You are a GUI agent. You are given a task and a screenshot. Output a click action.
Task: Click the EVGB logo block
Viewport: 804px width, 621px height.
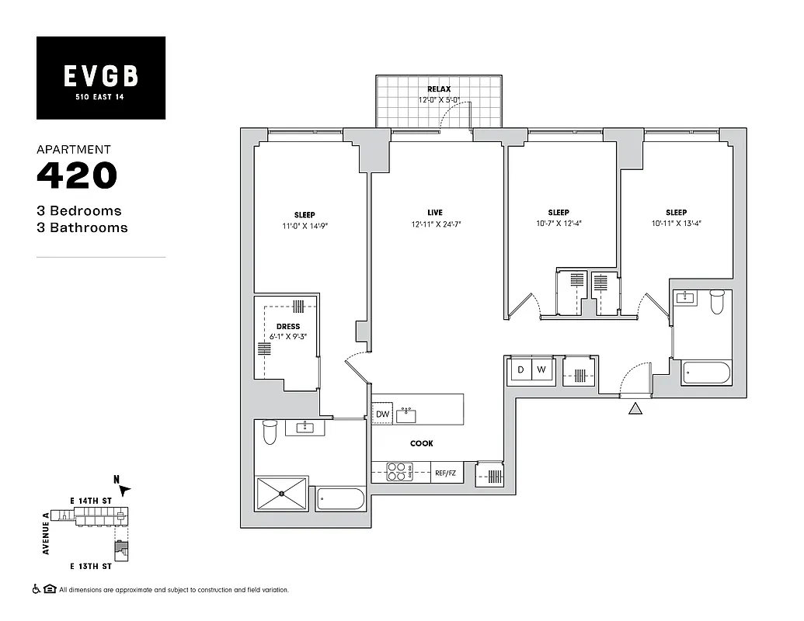101,78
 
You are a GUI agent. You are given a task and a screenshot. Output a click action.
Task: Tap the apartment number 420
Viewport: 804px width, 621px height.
77,175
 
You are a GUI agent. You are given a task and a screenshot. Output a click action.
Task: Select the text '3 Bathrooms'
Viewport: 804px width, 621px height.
82,227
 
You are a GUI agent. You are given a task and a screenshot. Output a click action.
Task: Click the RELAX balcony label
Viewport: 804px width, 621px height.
438,90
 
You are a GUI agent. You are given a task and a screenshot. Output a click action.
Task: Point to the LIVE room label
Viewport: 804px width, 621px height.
434,212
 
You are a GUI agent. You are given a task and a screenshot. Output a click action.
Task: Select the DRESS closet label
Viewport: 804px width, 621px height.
287,327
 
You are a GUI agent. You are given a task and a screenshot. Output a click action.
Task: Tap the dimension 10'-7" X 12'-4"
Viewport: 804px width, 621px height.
558,224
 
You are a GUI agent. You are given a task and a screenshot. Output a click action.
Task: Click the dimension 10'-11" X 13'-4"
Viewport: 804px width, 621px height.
676,224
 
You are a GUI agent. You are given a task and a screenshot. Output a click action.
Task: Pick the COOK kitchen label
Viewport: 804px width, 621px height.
422,443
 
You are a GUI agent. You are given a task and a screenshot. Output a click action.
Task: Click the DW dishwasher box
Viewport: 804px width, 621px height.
382,415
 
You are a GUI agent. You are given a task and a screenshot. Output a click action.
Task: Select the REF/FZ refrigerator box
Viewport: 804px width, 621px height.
445,473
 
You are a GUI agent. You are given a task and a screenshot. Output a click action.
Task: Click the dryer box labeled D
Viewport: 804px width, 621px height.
520,370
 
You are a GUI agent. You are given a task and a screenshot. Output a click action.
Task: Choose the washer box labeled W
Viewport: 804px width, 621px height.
542,370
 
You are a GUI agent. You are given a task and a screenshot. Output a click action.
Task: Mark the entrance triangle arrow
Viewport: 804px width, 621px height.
635,409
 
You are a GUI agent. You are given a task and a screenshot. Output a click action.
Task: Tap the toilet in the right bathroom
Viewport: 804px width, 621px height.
717,301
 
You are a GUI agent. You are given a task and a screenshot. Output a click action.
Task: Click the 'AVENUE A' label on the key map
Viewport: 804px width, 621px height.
46,537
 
